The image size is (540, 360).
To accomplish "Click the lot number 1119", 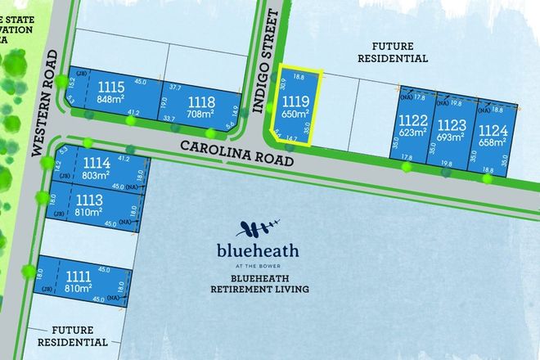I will tap(296, 101).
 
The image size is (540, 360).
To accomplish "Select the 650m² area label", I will tap(296, 115).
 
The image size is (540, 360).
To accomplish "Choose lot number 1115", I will tap(110, 88).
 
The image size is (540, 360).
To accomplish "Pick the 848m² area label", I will tap(110, 101).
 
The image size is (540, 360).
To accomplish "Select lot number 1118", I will tap(201, 101).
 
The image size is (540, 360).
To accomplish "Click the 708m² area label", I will tap(201, 115).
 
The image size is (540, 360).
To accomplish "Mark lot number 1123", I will tap(451, 124).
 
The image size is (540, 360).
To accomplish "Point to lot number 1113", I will tap(88, 199).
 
